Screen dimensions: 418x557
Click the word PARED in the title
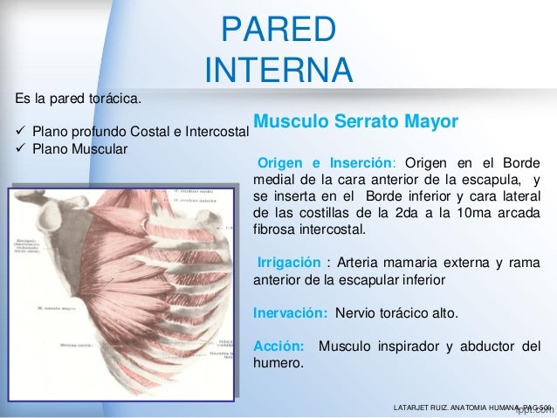click(278, 30)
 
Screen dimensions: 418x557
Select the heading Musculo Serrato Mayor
click(354, 121)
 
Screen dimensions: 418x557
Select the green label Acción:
click(278, 346)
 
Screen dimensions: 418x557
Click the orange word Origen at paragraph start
click(278, 162)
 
